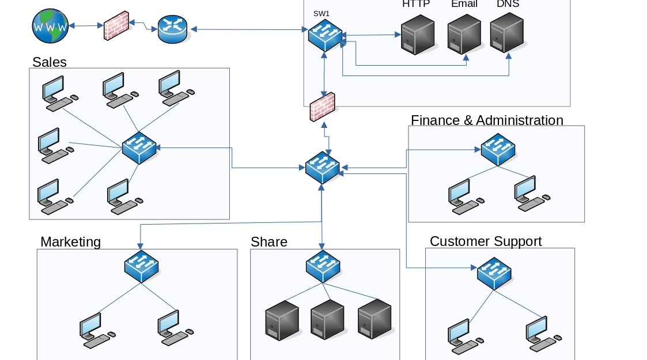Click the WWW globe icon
click(x=51, y=26)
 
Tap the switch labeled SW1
click(x=325, y=35)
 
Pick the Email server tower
click(x=464, y=35)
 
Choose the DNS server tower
click(x=508, y=33)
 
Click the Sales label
click(x=50, y=62)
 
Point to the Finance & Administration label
click(x=487, y=120)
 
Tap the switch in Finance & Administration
click(x=498, y=149)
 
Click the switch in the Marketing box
click(x=141, y=266)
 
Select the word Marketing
click(x=70, y=242)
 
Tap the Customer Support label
click(x=486, y=241)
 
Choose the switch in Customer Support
click(x=494, y=273)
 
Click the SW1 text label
click(x=321, y=13)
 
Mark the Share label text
click(x=268, y=242)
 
